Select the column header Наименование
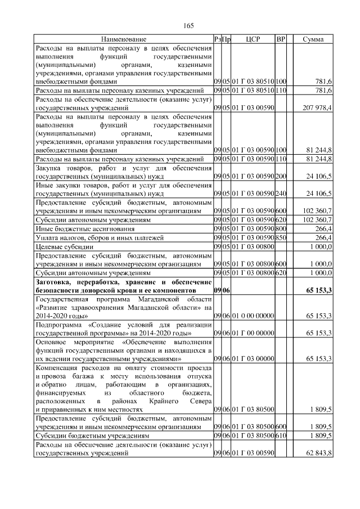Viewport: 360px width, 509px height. point(124,39)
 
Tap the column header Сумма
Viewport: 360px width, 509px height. point(313,39)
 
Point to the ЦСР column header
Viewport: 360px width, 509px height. point(251,39)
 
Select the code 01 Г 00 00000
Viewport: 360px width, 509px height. point(251,334)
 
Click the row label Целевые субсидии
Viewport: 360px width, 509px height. point(60,247)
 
